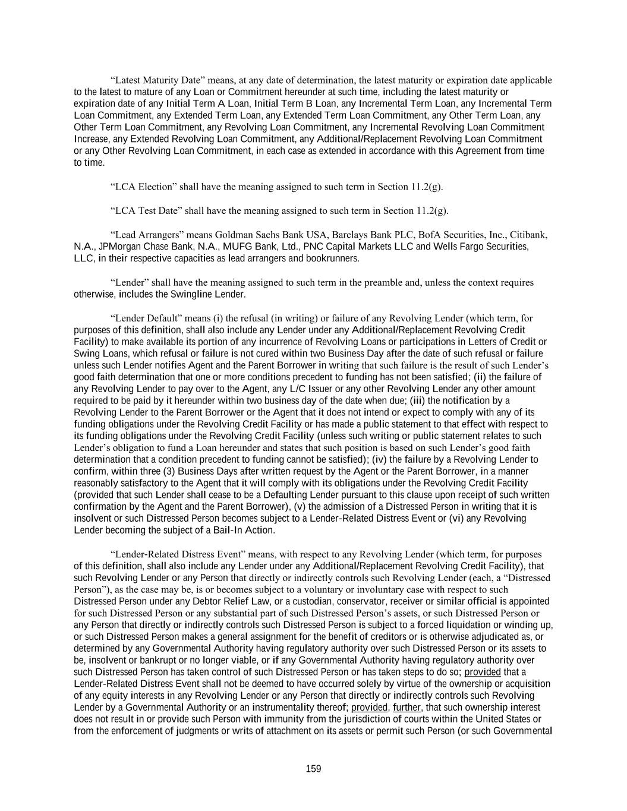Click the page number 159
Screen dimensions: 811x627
[x=313, y=769]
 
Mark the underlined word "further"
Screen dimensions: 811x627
[x=407, y=708]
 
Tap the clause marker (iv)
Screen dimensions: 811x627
[x=379, y=459]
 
